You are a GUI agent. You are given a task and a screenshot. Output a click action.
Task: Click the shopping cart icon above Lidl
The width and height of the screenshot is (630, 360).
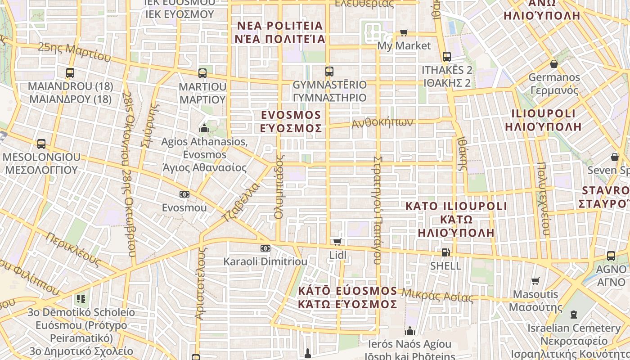pos(337,242)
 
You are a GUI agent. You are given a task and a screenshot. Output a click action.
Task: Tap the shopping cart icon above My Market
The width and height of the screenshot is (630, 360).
pos(404,32)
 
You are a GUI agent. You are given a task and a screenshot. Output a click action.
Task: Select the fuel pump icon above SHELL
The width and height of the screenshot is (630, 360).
pos(445,252)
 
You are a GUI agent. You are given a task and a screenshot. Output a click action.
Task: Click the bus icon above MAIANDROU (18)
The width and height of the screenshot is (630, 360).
pos(70,73)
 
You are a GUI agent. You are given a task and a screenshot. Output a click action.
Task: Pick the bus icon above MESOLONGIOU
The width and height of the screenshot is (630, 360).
pos(41,144)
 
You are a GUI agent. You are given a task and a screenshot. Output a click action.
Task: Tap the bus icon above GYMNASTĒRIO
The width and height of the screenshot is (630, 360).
pos(329,71)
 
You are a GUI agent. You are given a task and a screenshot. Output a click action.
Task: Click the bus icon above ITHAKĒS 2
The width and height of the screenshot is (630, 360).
pos(446,57)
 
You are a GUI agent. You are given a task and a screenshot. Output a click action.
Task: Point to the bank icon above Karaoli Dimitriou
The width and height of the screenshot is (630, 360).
pos(265,248)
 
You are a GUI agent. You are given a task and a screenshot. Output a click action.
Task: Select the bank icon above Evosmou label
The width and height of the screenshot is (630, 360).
pos(184,194)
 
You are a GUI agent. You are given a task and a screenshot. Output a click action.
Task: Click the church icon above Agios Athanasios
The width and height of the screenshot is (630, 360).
pos(204,129)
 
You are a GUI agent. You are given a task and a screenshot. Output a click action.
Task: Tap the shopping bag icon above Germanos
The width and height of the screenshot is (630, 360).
pos(554,64)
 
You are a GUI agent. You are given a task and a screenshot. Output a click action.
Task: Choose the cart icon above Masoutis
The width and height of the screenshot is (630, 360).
pos(535,281)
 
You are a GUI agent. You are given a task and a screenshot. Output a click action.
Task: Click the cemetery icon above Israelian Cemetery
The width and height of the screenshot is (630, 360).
pos(574,315)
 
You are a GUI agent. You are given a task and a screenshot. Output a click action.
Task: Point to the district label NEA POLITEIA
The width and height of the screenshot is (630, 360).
pos(280,25)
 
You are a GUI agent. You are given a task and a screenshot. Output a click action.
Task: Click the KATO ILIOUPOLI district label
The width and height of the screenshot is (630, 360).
pos(456,206)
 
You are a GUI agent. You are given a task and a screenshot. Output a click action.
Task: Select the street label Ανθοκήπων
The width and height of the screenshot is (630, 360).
pos(382,122)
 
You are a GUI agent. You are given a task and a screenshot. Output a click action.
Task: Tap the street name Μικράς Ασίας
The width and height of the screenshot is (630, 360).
pos(437,295)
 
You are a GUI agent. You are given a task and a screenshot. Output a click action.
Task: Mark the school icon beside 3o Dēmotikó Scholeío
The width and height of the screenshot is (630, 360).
pos(81,298)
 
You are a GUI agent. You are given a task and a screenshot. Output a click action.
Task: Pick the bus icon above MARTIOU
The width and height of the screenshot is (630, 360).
pos(202,73)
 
